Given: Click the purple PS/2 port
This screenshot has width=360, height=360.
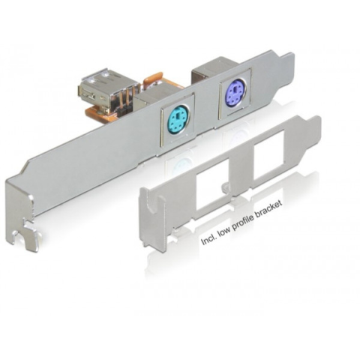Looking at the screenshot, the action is (x=235, y=92).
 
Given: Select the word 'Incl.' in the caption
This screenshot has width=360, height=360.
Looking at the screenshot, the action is (x=208, y=241).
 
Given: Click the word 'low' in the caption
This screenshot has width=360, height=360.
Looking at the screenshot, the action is (x=223, y=234).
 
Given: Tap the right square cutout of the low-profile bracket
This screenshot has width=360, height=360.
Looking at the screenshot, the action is (x=267, y=162).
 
